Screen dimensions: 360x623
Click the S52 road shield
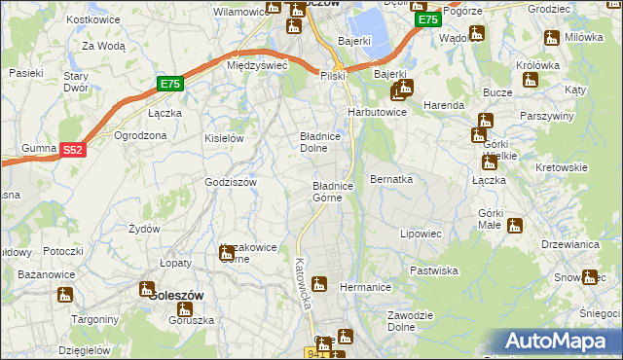click(73, 150)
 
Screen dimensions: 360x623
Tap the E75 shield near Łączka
click(170, 85)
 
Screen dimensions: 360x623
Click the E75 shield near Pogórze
click(425, 19)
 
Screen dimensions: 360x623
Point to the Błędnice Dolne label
click(318, 143)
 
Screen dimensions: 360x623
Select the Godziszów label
click(231, 182)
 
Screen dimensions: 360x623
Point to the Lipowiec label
click(421, 234)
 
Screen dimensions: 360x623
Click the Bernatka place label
click(391, 180)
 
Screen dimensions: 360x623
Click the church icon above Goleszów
click(147, 288)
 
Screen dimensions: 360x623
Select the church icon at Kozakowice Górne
click(227, 253)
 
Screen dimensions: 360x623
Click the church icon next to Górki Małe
click(515, 227)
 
